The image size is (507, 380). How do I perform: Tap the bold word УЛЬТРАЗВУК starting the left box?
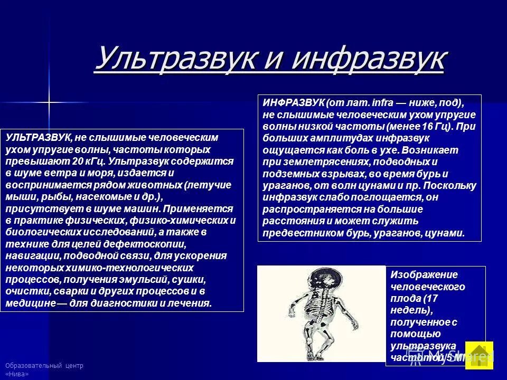(38, 137)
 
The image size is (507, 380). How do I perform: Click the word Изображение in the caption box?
(417, 275)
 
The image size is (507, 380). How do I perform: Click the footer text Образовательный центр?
(44, 366)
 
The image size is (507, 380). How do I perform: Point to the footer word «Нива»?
(17, 374)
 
